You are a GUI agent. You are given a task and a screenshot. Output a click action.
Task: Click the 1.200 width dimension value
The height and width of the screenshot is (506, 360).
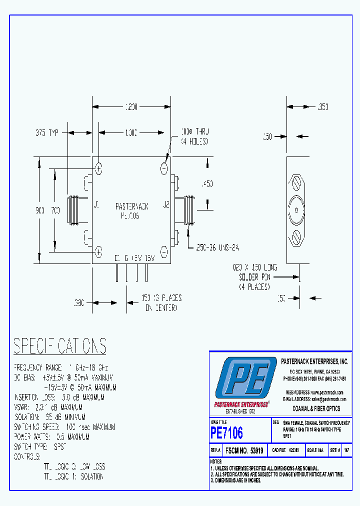coord(131,106)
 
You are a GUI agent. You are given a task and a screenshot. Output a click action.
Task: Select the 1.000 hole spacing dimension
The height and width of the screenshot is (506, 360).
coord(131,132)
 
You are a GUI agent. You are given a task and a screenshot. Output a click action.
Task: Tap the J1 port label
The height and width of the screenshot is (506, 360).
coord(96,204)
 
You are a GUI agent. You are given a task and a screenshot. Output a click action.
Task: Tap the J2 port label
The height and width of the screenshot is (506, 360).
coord(166,204)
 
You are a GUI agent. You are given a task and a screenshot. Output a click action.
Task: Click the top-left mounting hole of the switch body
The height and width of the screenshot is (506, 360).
coord(99,168)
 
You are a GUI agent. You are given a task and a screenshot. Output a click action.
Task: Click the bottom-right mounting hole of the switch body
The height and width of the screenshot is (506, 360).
coord(164,251)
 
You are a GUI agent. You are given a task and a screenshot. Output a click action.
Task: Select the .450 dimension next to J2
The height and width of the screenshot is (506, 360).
coord(206,184)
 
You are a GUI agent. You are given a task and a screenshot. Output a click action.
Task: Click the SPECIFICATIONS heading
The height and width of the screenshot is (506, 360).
coord(59,346)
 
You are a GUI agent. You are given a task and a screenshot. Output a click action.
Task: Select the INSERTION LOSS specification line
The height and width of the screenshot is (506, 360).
coord(58,397)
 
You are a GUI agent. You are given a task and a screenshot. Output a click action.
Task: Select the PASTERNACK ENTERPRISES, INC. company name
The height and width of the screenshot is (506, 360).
coord(314,361)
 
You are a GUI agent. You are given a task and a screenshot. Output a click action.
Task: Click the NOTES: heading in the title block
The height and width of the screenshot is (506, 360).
coord(216,461)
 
